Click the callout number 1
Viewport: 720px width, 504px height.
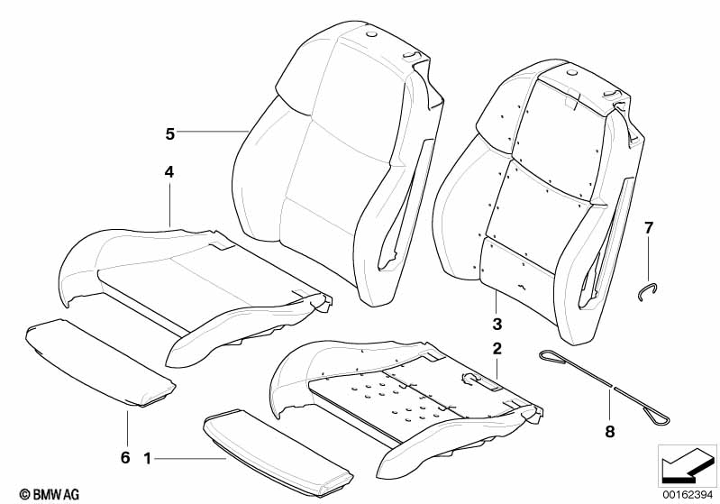click(x=148, y=459)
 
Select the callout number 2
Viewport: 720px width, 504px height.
click(x=497, y=349)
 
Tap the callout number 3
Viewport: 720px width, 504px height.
click(x=497, y=325)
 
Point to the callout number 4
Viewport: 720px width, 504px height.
click(x=169, y=172)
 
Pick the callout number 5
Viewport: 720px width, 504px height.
click(x=170, y=134)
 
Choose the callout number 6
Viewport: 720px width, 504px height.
click(x=125, y=458)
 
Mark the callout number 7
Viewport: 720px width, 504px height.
click(x=649, y=227)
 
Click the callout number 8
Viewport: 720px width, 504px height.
click(x=610, y=432)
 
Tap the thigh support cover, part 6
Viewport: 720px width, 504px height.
click(x=100, y=363)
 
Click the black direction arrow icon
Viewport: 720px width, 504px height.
click(x=687, y=466)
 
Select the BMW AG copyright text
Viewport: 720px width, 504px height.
click(x=50, y=494)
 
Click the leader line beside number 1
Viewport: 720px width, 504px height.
click(x=190, y=458)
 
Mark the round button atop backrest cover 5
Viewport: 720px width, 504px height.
click(x=371, y=34)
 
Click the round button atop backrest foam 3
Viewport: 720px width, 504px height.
click(x=570, y=73)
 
